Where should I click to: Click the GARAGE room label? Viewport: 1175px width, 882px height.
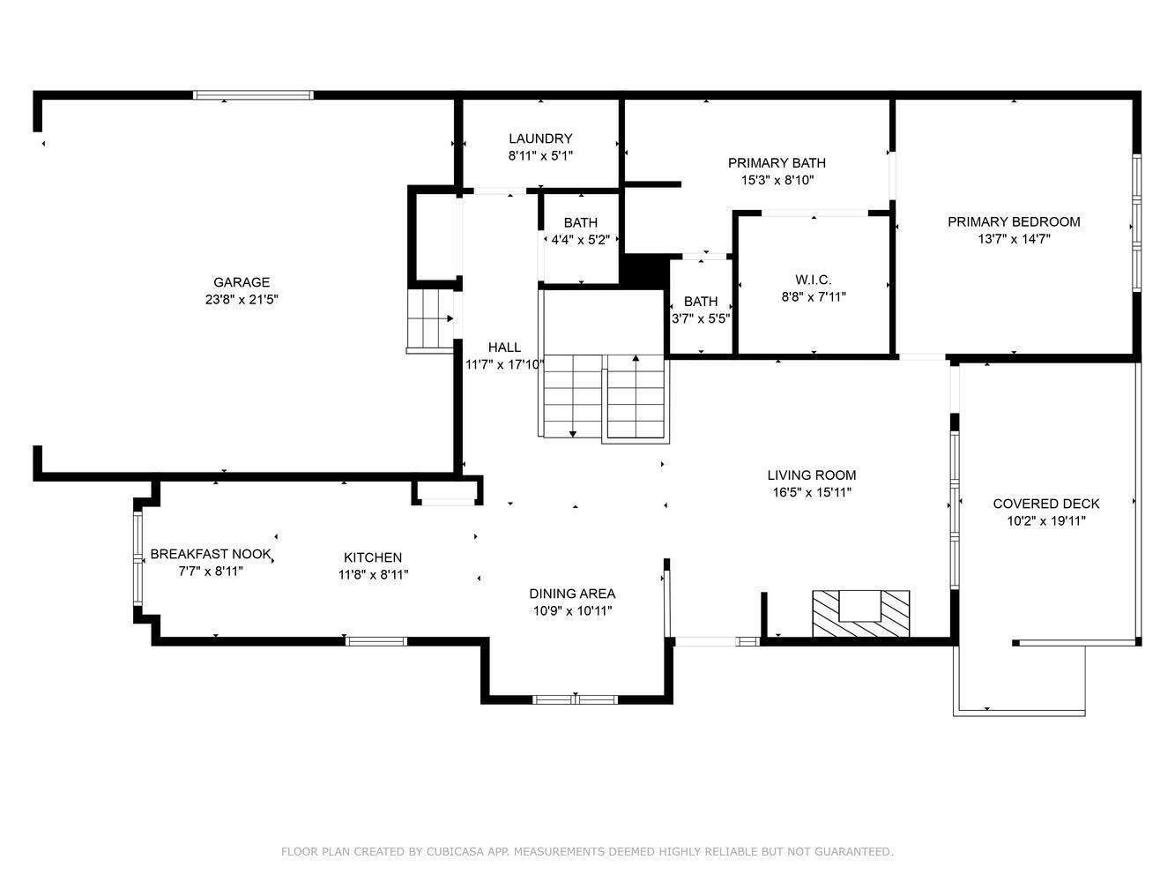pos(242,282)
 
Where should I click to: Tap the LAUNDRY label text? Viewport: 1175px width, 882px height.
pos(540,138)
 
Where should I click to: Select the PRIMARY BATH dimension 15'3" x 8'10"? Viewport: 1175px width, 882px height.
pos(777,180)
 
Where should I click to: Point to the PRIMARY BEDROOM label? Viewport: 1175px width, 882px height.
pos(1014,221)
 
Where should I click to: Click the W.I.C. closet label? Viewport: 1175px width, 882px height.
pos(813,280)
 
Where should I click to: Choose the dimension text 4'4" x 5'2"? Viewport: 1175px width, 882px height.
pos(581,240)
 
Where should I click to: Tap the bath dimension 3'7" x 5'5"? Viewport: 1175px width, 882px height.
pos(701,318)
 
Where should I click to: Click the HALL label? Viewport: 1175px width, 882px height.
pos(504,348)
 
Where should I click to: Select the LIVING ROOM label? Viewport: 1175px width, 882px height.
pos(812,475)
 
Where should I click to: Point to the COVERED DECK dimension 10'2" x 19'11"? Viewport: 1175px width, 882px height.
pos(1046,521)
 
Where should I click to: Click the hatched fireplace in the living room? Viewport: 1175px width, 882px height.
pos(861,614)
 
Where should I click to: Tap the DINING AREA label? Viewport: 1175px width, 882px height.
pos(572,594)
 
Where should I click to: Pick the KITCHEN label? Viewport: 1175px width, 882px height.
pos(373,557)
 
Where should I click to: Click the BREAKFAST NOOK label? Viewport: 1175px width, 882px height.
pos(211,554)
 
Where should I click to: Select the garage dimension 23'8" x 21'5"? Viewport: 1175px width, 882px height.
pos(242,299)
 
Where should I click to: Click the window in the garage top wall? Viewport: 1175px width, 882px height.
pos(253,95)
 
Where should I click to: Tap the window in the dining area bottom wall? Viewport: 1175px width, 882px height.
pos(575,699)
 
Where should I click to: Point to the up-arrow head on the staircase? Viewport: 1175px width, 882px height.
pos(636,358)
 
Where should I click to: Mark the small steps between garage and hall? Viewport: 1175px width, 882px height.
pos(430,318)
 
